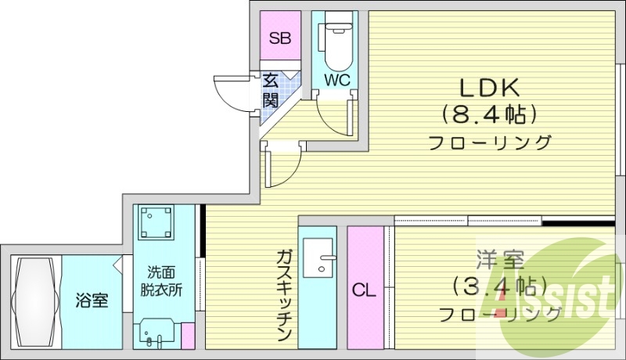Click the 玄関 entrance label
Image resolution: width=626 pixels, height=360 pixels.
click(271, 89)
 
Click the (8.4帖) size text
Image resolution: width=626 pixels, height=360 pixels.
click(490, 115)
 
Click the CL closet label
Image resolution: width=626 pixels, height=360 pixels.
click(364, 290)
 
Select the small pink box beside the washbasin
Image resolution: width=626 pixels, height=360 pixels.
click(188, 335)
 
